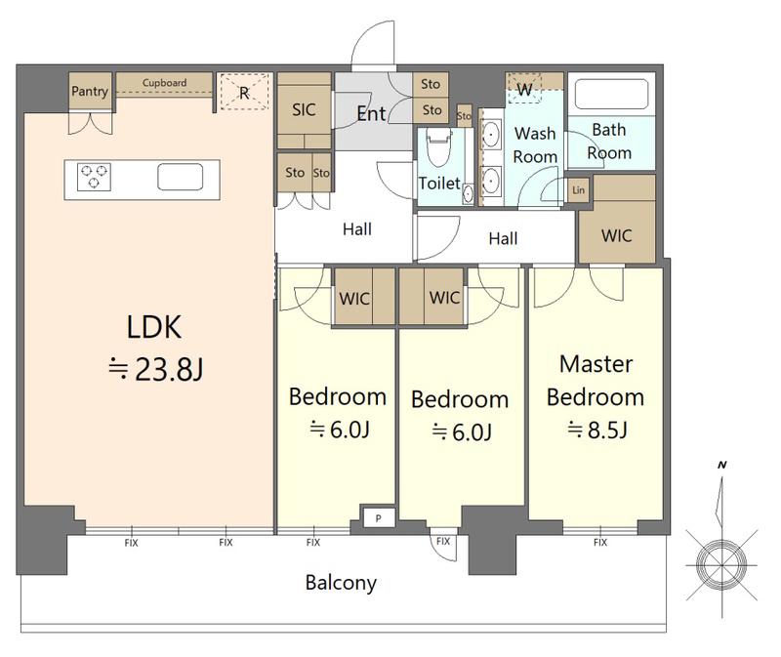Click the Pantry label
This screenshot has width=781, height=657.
pos(90,91)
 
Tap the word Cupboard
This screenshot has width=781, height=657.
pos(164,83)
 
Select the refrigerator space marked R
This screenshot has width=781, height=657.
pos(245,92)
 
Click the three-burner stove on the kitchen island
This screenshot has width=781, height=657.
pos(94,177)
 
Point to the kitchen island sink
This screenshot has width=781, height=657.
pos(181,177)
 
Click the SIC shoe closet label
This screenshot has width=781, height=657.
pos(304,109)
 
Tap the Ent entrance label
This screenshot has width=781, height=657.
pos(372,114)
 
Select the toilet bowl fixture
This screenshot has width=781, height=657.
pos(439,147)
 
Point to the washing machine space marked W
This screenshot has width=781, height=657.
pos(524,89)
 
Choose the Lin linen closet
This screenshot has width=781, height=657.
pos(578,189)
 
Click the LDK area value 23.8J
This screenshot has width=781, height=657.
pos(156,370)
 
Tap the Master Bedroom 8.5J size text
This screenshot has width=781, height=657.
pos(597,430)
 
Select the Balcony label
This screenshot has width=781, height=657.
pos(341,583)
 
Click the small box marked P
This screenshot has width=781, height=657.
pos(379,518)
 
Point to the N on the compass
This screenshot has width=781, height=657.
pos(722,466)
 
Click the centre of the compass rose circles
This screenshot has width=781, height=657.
pos(721,565)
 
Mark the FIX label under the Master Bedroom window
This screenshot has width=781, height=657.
pos(600,542)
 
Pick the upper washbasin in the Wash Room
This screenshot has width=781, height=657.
pos(492,134)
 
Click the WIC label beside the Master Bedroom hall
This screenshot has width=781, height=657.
pos(617,235)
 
